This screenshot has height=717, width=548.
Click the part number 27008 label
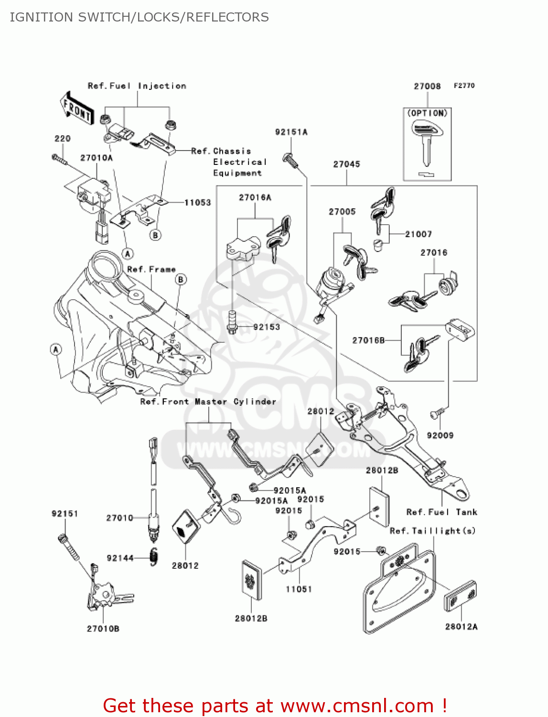pos(427,87)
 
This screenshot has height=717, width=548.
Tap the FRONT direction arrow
pos(76,109)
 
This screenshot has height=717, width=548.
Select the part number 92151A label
pos(291,132)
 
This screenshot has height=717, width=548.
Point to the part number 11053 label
pos(197,203)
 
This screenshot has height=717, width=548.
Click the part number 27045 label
pos(346,164)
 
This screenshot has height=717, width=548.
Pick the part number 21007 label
pos(418,234)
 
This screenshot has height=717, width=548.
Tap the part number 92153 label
pos(267,327)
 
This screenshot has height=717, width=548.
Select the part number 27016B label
pos(368,340)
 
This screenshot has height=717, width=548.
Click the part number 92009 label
pos(440,435)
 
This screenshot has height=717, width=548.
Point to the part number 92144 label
pos(120,558)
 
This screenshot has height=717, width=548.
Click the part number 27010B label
pos(103,629)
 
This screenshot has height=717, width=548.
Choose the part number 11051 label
pos(299,589)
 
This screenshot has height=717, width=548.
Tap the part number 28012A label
pos(461,627)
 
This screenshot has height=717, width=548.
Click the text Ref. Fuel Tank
pos(441,512)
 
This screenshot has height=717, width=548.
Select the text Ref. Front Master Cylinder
pos(208,402)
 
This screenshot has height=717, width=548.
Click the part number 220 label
pos(63,139)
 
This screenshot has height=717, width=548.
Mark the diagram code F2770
pos(464,86)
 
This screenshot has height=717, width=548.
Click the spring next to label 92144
pos(153,557)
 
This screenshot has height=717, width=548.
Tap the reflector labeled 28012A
pos(460,596)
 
